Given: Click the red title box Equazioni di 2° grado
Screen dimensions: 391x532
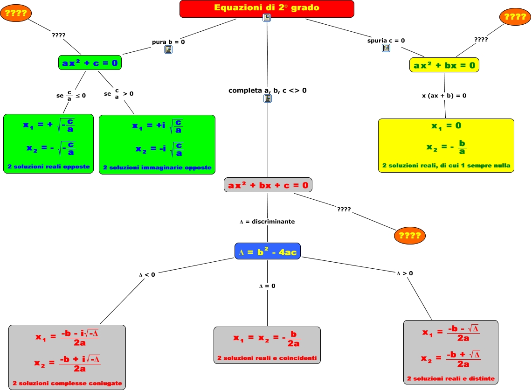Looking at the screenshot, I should (x=267, y=8).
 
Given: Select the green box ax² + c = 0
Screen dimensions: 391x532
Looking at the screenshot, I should (x=90, y=63).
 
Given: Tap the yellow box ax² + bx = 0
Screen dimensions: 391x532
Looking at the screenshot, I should (x=444, y=65).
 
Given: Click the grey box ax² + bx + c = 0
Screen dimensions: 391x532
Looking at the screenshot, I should (x=268, y=185).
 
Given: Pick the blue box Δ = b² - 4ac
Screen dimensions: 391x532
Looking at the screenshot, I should (x=267, y=252).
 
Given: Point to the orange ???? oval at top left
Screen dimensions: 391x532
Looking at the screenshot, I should (x=15, y=13).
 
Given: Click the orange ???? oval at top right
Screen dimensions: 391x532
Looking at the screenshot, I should (x=515, y=17).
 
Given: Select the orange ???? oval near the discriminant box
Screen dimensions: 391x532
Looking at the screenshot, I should (x=410, y=236).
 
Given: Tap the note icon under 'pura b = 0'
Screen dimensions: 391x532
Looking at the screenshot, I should (x=168, y=49).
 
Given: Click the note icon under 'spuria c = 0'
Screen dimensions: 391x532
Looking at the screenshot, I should (x=386, y=48).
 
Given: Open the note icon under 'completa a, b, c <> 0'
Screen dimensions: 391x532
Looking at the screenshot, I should (x=268, y=98).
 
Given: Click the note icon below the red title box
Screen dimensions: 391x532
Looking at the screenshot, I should (x=267, y=18).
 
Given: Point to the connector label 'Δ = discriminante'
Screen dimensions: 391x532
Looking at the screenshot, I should (x=267, y=222).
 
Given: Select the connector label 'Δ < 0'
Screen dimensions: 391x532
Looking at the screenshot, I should (x=147, y=275).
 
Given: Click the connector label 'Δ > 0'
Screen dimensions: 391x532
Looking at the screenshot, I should (x=405, y=273).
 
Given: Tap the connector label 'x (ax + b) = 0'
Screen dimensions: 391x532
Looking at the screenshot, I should (x=444, y=96).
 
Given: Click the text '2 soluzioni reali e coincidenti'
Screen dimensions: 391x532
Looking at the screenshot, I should (x=267, y=358).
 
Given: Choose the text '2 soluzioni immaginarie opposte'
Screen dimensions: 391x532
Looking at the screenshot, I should (x=157, y=168).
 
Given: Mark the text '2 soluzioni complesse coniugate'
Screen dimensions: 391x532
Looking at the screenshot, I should (x=67, y=384).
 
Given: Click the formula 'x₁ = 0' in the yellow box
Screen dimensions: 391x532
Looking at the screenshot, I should (x=446, y=126).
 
